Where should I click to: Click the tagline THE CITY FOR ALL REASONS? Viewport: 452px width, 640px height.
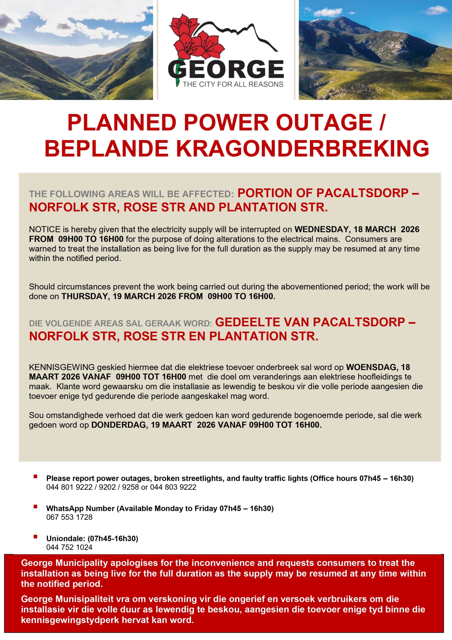pos(233,84)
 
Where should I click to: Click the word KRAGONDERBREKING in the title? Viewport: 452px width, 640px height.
pos(302,148)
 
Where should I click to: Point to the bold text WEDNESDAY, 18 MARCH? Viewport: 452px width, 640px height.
pos(345,229)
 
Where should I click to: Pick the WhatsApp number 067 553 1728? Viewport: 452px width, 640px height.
pos(69,517)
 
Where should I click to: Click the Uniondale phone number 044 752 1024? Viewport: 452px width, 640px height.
pos(69,547)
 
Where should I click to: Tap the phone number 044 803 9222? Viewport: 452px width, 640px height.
pos(173,487)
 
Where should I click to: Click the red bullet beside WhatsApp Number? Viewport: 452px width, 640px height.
pos(35,506)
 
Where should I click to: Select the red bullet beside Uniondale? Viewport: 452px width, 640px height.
pos(35,536)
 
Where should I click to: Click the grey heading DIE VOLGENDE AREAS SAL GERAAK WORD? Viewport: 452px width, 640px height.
pos(121,323)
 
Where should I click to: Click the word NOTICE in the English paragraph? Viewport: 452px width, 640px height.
pos(44,229)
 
